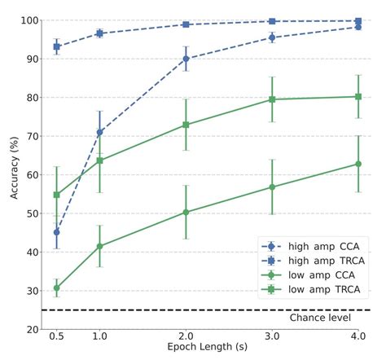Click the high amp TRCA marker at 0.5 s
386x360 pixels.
(x=56, y=46)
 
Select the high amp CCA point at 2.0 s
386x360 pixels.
(x=186, y=59)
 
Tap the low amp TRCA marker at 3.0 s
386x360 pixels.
(x=272, y=99)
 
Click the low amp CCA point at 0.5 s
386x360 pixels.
(x=56, y=288)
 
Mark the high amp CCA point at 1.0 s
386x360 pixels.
(x=99, y=132)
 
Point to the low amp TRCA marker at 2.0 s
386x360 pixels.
(x=186, y=125)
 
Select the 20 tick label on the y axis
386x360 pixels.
(x=33, y=329)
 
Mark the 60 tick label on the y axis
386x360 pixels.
(x=33, y=175)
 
